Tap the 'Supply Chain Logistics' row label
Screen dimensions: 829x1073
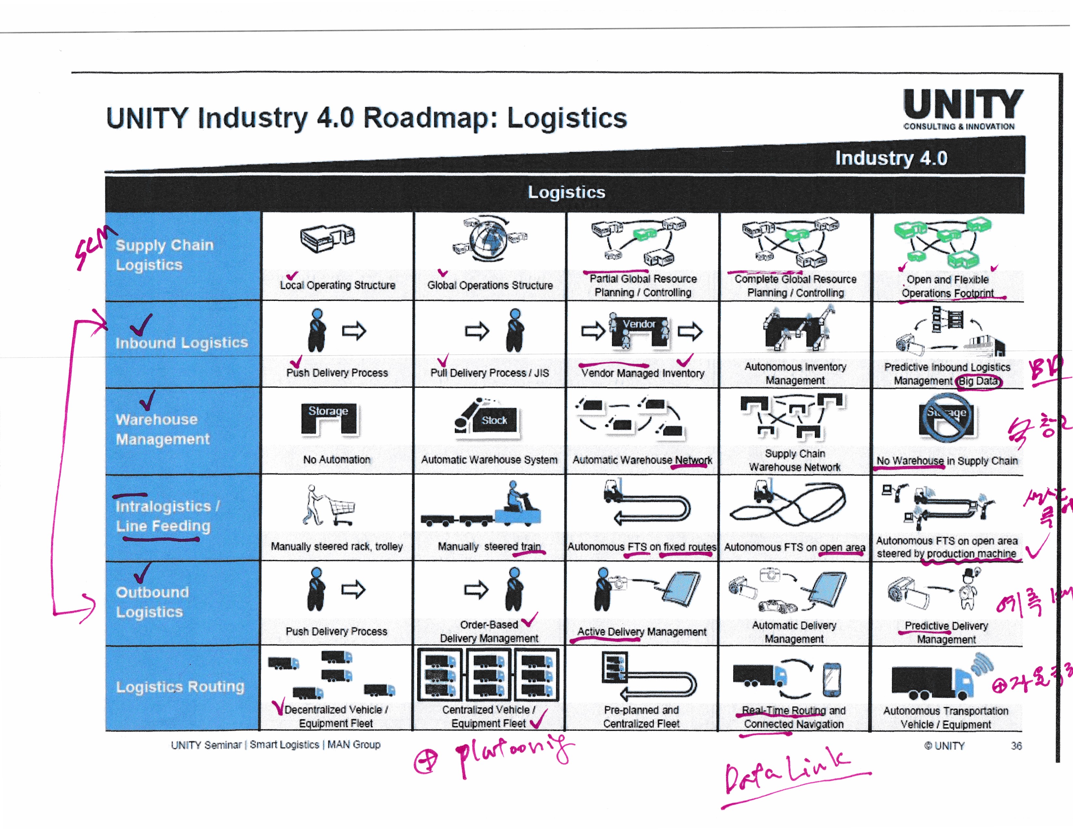coord(165,255)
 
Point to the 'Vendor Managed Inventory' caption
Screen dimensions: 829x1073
coord(642,373)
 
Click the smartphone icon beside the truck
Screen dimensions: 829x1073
coord(831,680)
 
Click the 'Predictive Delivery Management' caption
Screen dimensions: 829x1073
coord(946,633)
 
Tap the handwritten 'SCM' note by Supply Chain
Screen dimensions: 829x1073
coord(93,248)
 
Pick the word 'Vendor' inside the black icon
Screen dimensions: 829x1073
coord(639,324)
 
